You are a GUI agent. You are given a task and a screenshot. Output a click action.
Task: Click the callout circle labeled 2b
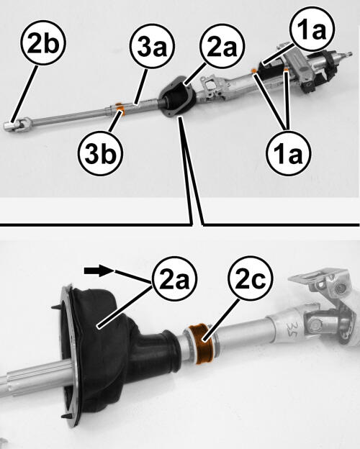pos(43,42)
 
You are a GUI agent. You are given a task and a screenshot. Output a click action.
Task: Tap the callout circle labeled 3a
pos(152,47)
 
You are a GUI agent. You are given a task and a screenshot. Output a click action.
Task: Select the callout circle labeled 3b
pos(100,153)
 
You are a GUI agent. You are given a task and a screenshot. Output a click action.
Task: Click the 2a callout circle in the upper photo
pos(222,47)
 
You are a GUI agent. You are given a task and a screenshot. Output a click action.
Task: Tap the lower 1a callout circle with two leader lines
pos(288,153)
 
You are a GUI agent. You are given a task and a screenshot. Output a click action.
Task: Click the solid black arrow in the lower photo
pos(99,271)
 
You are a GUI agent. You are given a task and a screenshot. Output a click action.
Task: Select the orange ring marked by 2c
pos(203,344)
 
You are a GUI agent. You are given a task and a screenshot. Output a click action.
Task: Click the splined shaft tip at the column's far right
pos(348,54)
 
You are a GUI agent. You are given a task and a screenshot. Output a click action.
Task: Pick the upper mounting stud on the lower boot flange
pos(57,307)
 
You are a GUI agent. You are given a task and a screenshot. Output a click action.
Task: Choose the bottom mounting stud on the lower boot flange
pos(66,416)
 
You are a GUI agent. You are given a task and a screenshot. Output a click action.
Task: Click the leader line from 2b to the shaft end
pos(24,94)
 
